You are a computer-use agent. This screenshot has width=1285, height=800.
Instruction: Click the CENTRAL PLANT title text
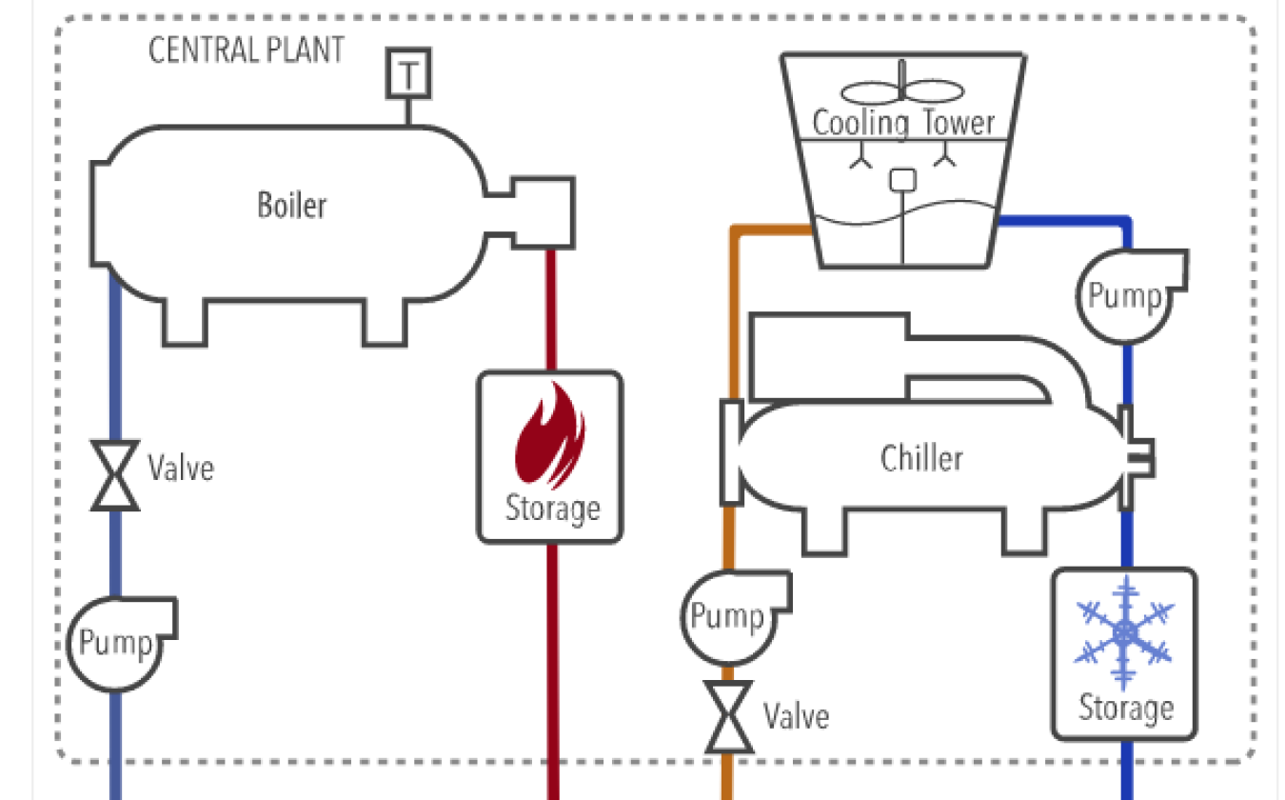coord(247,50)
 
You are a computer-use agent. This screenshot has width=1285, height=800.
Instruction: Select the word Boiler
coord(291,204)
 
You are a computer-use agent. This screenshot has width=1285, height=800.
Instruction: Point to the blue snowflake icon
coord(1124,631)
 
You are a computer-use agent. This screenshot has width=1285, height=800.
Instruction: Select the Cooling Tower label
coord(903,123)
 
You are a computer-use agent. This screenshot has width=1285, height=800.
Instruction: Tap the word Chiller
coord(921,458)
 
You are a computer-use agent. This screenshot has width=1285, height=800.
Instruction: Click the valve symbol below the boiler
coord(115,474)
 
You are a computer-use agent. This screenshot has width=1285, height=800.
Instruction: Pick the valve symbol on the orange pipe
coord(728,715)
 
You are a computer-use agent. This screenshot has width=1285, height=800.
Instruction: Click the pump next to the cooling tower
coord(1126,295)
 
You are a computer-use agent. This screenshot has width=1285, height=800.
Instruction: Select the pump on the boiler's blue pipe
coord(115,644)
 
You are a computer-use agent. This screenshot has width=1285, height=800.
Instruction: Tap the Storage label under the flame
coord(552,508)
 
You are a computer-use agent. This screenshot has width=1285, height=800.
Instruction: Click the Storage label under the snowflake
coord(1125,709)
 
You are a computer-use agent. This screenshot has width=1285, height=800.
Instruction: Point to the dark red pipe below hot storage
coord(552,667)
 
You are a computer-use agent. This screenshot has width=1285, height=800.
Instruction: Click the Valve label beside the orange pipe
coord(796,715)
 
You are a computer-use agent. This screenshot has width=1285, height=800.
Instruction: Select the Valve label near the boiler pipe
coord(181,468)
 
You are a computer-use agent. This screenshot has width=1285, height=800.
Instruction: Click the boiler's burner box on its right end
coord(543,211)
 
